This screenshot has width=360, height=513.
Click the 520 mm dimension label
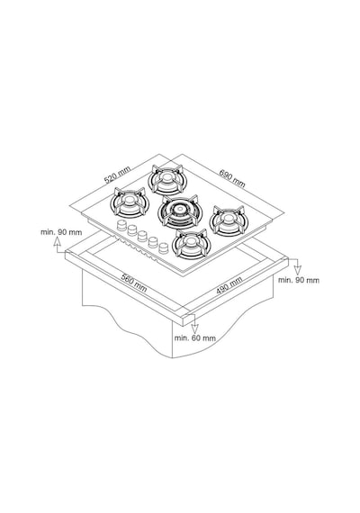(117, 175)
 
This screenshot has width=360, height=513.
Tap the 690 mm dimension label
(232, 178)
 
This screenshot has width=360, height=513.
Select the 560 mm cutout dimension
(134, 283)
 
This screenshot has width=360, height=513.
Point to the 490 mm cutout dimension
(229, 285)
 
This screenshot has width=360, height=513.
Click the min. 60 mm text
(194, 338)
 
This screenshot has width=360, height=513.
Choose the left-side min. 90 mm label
(61, 232)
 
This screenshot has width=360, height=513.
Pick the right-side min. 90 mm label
(299, 280)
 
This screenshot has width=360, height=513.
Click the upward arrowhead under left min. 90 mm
(58, 241)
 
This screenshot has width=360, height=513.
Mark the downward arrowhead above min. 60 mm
(194, 328)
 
